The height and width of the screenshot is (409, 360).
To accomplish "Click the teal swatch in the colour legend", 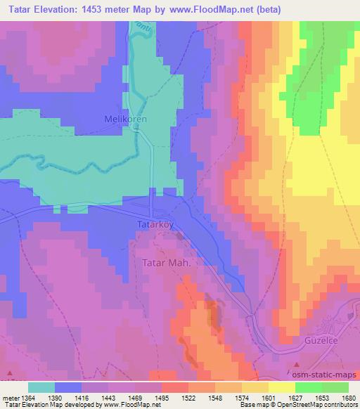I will point(41,387).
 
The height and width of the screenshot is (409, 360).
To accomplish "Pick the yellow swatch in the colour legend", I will point(281,387).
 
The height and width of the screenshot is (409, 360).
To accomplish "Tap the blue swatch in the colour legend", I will point(68,387).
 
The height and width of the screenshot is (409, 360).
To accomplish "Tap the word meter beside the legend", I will point(9,398).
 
